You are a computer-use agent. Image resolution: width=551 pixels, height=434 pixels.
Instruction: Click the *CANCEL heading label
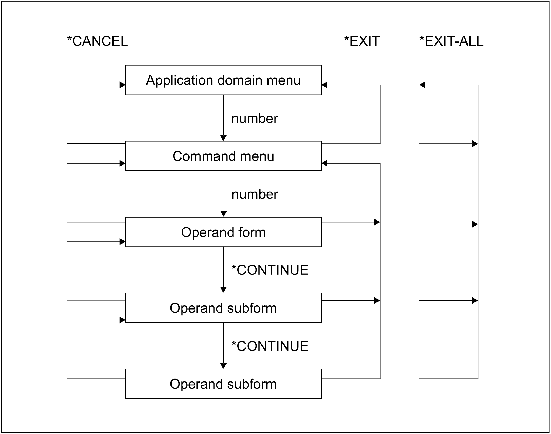(97, 41)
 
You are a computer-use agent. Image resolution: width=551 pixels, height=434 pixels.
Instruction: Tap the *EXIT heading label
(362, 41)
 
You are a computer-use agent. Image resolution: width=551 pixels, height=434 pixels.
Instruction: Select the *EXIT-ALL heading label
(451, 41)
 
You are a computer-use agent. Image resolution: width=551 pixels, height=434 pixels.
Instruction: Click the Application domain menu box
(223, 80)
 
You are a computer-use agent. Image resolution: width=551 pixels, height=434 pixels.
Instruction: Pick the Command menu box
(223, 156)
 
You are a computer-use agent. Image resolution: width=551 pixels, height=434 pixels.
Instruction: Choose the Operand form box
(223, 232)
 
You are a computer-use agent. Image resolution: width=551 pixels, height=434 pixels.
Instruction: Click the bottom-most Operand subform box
(223, 384)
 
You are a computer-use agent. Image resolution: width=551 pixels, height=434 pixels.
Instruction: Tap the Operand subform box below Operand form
(223, 308)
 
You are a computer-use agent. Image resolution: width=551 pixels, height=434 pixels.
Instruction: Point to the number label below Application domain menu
(254, 119)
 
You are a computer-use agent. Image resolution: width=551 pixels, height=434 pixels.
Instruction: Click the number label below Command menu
(254, 194)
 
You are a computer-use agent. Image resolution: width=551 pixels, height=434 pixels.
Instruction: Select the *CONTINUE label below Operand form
(270, 270)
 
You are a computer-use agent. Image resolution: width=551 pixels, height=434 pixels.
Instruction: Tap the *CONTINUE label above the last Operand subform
(270, 346)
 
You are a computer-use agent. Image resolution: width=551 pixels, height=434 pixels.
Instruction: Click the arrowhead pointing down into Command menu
(224, 138)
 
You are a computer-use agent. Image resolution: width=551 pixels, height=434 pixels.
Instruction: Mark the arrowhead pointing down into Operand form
(224, 214)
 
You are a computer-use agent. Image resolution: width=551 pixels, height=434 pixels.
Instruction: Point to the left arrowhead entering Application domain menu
(122, 85)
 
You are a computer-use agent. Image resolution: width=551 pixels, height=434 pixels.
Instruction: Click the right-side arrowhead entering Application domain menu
(325, 85)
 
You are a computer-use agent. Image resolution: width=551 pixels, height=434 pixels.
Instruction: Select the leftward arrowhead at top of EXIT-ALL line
(422, 85)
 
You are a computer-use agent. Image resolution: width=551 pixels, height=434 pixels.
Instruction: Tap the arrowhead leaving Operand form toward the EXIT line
(377, 222)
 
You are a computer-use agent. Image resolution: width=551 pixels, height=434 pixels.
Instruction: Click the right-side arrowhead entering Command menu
(325, 163)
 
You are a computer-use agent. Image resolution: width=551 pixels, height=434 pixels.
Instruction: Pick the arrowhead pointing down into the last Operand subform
(224, 366)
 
